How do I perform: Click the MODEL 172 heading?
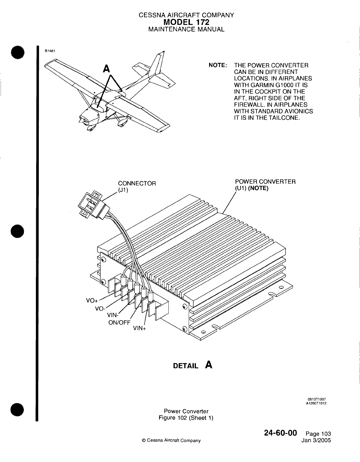(x=186, y=22)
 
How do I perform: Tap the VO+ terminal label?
(x=92, y=301)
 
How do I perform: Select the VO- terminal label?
(x=100, y=308)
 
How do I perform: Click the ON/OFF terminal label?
(x=119, y=322)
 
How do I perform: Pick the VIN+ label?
(x=140, y=329)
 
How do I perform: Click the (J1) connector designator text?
(x=122, y=190)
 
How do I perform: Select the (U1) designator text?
(x=241, y=188)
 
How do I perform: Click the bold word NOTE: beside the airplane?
(x=217, y=65)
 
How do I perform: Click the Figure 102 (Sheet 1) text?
(x=186, y=418)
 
